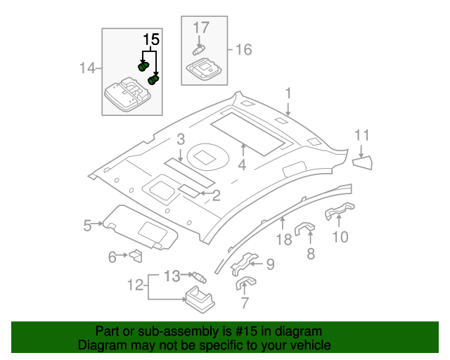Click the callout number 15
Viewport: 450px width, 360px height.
(151, 39)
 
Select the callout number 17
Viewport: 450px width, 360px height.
(201, 28)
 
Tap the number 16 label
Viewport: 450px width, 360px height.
(243, 49)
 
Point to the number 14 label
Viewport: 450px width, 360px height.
(87, 68)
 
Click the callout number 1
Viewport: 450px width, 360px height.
(288, 93)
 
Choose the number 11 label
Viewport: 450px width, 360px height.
(361, 136)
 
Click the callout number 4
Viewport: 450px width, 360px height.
(242, 166)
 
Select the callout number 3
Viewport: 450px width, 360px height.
(181, 139)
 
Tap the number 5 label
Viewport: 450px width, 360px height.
(88, 225)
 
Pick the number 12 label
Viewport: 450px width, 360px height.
(135, 285)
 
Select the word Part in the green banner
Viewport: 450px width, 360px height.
(108, 331)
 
